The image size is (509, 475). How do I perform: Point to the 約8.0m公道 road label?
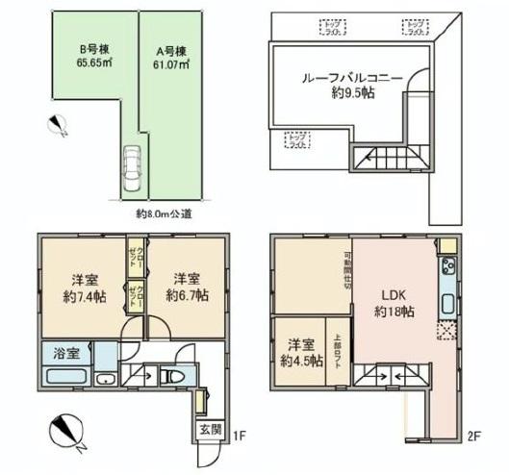click(x=165, y=213)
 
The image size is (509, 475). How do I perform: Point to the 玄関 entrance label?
click(x=210, y=429)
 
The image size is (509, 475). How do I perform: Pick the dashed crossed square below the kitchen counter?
click(x=446, y=332)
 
